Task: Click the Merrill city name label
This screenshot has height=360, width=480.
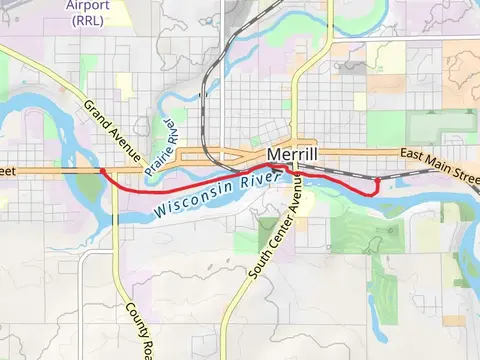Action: click(293, 156)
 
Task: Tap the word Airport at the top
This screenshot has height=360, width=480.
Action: click(87, 5)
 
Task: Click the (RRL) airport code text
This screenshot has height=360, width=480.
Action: click(87, 19)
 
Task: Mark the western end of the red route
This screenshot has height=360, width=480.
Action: click(102, 171)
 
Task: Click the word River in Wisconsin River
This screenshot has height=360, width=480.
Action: click(257, 181)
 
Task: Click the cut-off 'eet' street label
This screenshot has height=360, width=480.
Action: click(8, 172)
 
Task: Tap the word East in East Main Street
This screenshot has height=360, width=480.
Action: click(413, 156)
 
